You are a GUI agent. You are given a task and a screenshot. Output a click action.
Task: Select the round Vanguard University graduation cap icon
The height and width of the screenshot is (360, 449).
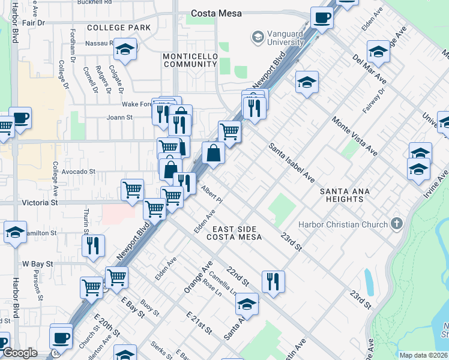point(258,37)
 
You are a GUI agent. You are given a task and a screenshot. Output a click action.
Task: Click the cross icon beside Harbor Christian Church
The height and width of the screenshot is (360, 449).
point(396,224)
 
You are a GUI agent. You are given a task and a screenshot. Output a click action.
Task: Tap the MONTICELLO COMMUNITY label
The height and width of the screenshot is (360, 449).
point(190,60)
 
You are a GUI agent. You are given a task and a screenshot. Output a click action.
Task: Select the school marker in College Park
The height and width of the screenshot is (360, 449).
point(125,50)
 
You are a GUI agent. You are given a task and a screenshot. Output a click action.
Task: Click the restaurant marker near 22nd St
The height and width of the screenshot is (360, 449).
point(273,281)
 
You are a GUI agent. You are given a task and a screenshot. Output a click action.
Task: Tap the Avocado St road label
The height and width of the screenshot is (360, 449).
point(78,172)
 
